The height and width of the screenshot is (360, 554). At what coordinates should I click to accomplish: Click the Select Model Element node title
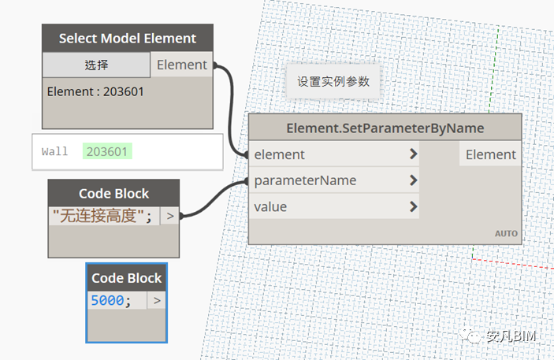point(127,38)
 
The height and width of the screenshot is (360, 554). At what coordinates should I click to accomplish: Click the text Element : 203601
point(95,91)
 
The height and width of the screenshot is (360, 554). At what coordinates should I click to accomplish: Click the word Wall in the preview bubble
point(55,150)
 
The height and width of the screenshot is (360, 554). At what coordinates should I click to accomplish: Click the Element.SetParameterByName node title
point(385,128)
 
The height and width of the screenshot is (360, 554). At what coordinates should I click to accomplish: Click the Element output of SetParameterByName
point(490,154)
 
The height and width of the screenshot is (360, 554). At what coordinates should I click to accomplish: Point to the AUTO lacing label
point(506,234)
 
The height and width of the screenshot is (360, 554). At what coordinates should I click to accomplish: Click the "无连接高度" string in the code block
point(102,215)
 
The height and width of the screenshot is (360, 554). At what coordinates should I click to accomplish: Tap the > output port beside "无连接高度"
point(169,215)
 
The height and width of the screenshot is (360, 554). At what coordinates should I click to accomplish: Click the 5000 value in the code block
point(106,300)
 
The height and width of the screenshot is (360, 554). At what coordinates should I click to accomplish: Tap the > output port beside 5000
point(156,300)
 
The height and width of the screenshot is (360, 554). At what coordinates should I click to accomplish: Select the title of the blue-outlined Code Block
point(126,278)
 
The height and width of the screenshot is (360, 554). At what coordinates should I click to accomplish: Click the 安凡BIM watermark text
point(510,336)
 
